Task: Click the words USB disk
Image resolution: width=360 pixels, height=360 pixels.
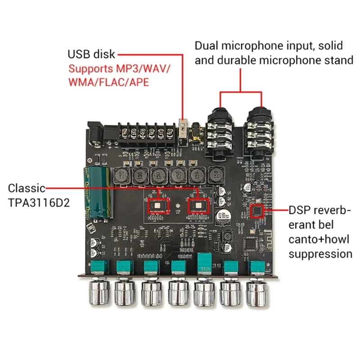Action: (92, 54)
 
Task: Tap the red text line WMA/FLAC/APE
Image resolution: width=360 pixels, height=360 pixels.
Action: (108, 82)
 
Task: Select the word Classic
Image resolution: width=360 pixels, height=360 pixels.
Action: (27, 188)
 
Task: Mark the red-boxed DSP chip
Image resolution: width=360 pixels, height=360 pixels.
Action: (257, 210)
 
